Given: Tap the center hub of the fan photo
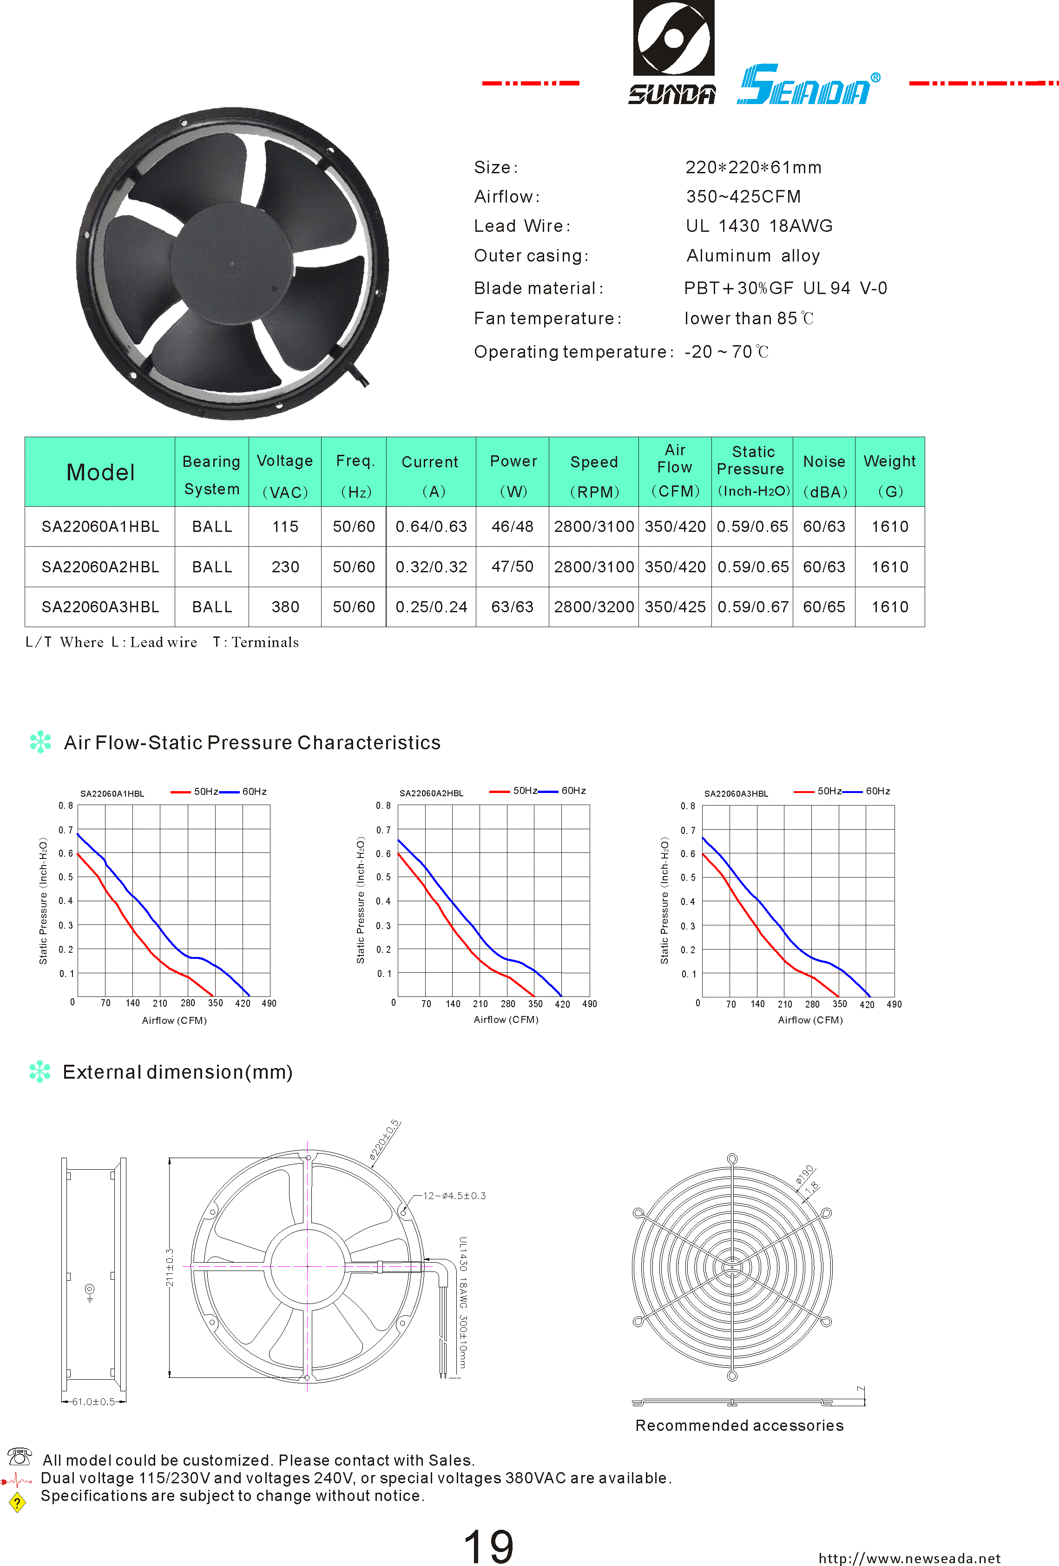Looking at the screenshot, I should point(232,263).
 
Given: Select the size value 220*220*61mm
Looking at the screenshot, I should point(753,168).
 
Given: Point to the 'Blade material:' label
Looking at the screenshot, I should point(538,288).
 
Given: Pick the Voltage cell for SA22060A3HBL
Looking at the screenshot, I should point(285,607).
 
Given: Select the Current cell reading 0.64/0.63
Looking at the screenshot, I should point(431,527).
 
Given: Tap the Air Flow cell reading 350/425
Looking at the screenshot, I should point(675,607).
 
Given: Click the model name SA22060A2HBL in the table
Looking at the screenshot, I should point(100,567).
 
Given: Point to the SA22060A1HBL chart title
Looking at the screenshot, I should point(112,794).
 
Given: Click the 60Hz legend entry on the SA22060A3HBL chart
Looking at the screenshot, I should point(877,791).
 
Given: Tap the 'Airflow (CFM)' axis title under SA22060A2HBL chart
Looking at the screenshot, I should point(506,1020).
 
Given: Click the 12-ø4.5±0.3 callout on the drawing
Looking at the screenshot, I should point(454,1196).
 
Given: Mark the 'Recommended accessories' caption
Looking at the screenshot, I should point(739,1426).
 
